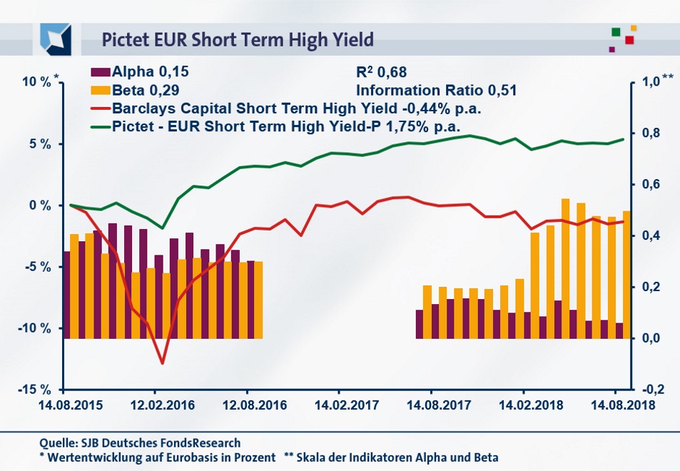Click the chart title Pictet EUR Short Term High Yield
(x=238, y=39)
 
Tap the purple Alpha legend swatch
(x=101, y=71)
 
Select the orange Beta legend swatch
(x=101, y=91)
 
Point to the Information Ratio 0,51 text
(x=435, y=91)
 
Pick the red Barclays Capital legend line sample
(x=101, y=109)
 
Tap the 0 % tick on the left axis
(x=40, y=206)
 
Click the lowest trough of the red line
(x=163, y=363)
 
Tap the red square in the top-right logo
(x=629, y=40)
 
